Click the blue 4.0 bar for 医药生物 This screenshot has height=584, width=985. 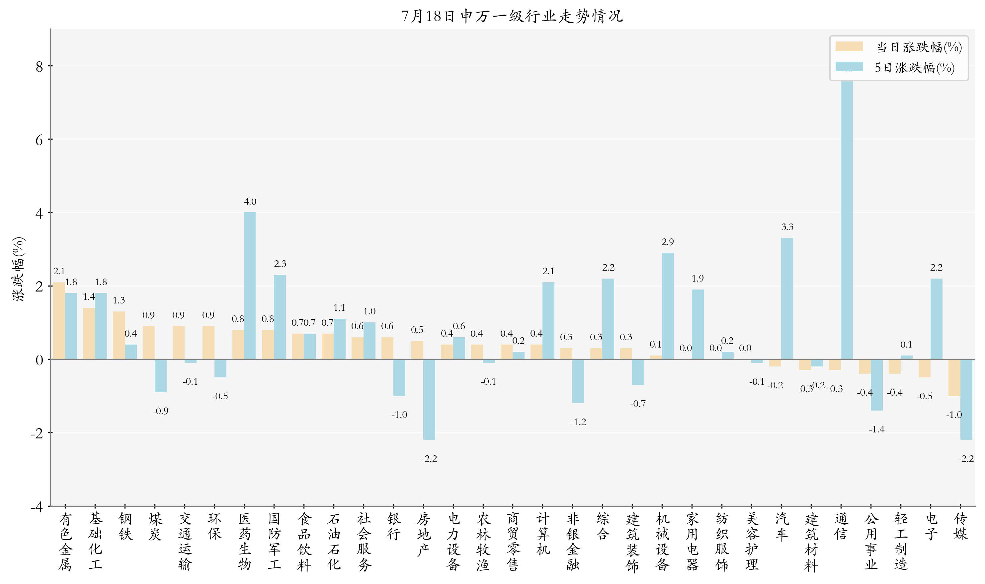pos(250,285)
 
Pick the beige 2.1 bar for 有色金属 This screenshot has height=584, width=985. pos(59,320)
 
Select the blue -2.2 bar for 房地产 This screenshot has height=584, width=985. pos(429,399)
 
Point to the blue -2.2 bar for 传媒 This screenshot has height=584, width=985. pos(966,399)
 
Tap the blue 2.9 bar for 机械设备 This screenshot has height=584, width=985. pos(668,306)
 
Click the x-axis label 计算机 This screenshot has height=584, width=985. pos(543,534)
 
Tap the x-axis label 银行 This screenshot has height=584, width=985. pos(393,527)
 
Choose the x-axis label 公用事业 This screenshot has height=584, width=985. pos(871,542)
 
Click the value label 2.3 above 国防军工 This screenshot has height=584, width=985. pos(280,264)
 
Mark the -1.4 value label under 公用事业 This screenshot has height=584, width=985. pos(876,429)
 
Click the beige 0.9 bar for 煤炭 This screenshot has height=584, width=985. pos(148,342)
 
